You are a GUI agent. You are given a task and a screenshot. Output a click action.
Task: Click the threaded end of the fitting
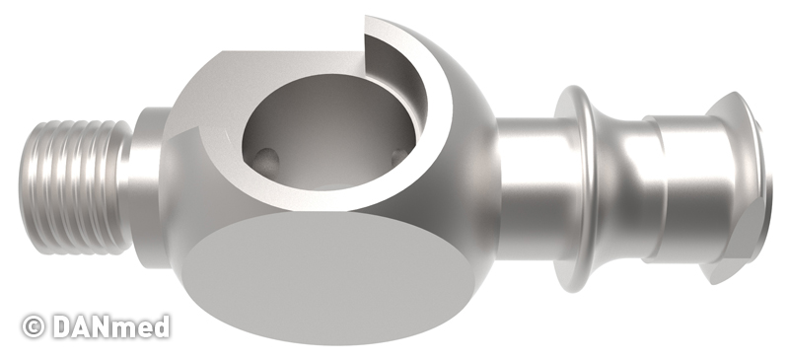tap(76, 185)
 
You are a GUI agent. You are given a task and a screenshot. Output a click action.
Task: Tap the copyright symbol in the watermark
tap(34, 326)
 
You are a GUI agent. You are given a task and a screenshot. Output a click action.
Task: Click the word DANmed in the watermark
tap(111, 326)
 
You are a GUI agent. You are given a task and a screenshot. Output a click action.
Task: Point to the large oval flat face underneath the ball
tap(329, 277)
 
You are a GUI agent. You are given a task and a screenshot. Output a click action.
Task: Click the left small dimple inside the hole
tap(266, 160)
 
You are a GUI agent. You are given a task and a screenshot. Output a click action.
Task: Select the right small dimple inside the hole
tap(400, 157)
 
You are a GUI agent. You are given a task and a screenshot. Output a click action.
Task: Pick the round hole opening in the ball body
tap(332, 132)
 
